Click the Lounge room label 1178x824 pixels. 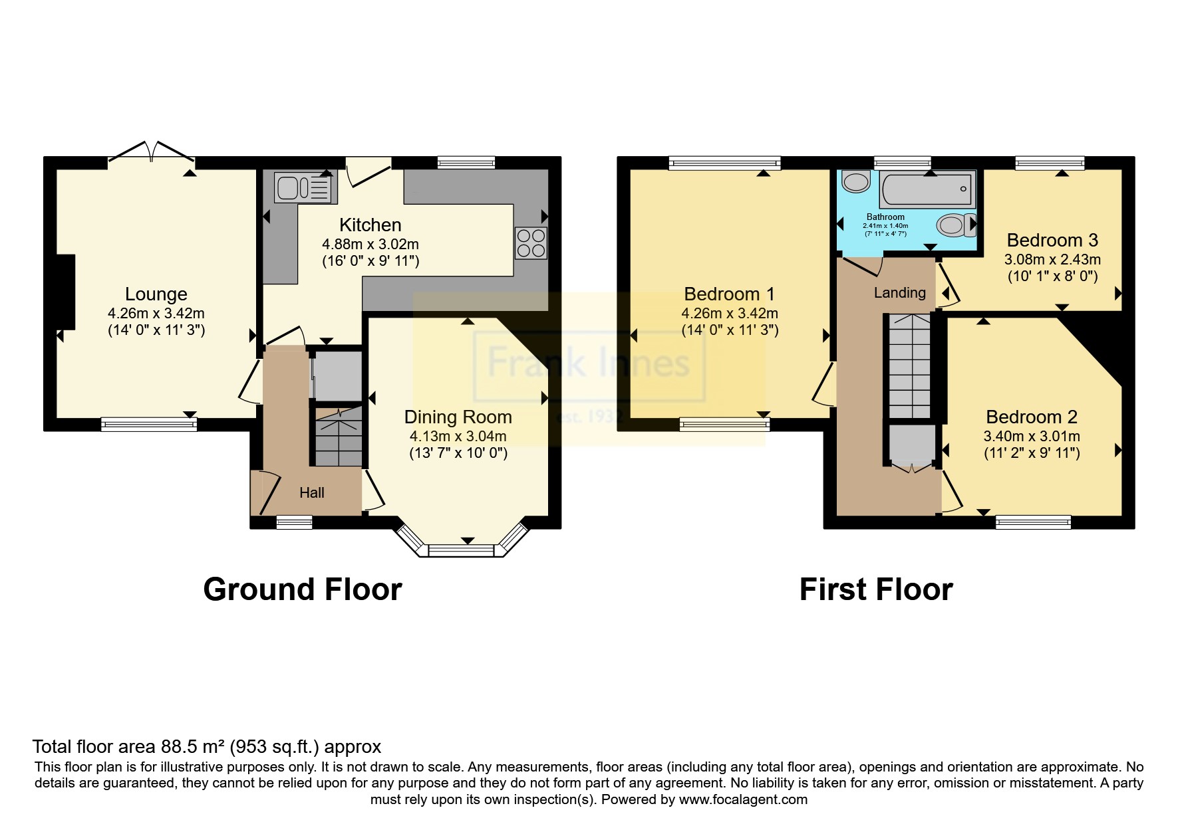click(x=156, y=294)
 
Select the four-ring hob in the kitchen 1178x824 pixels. click(x=531, y=243)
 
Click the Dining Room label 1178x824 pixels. click(x=458, y=417)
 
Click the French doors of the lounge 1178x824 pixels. click(x=151, y=152)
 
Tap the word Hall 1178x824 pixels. click(x=312, y=492)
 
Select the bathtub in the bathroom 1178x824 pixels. click(x=929, y=188)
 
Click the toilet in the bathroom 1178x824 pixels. click(x=957, y=225)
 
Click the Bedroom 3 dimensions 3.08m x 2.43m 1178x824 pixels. click(x=1052, y=259)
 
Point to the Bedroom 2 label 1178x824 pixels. click(x=1032, y=417)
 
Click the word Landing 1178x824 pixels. click(x=900, y=292)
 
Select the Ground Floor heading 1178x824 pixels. click(x=303, y=589)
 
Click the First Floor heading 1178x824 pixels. click(x=876, y=589)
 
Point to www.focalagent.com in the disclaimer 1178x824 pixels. click(x=743, y=799)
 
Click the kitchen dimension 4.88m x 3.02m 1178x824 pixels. click(x=370, y=244)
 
